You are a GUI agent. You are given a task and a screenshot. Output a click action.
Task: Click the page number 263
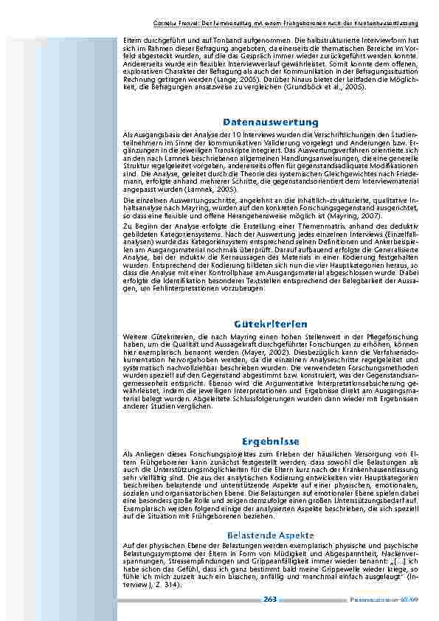[270, 600]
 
